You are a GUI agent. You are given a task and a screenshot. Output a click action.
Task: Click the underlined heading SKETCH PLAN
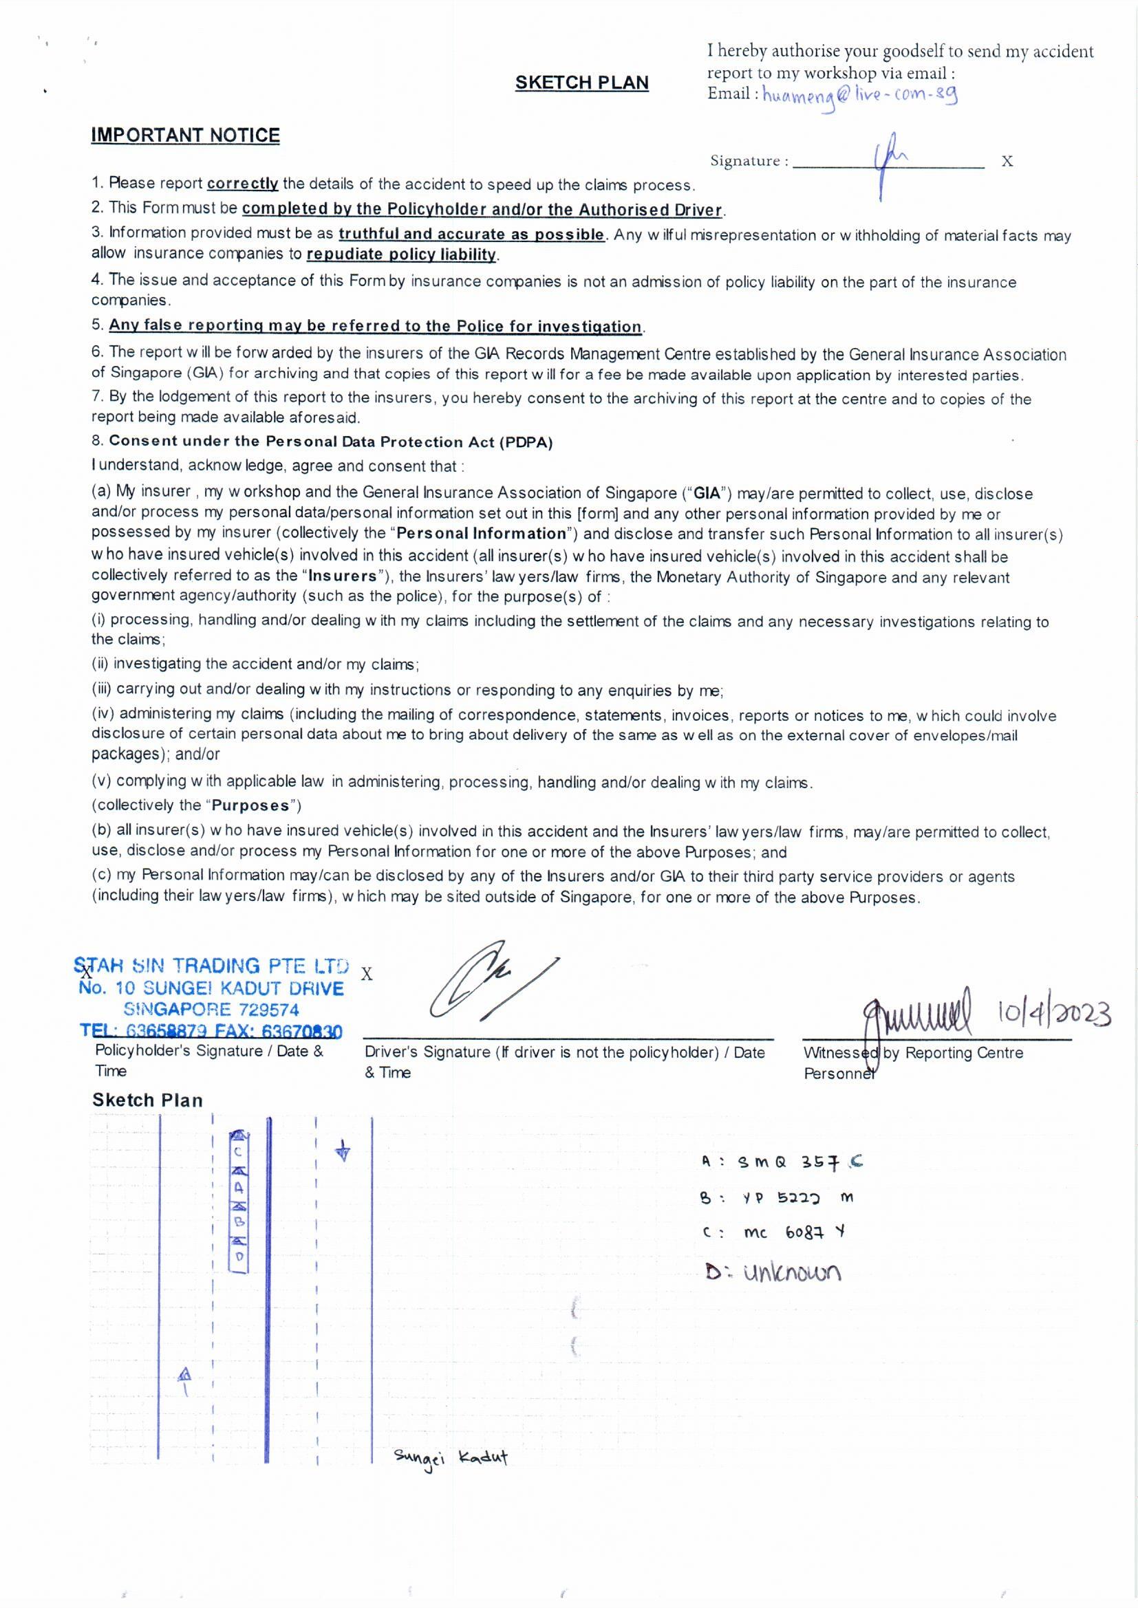point(581,83)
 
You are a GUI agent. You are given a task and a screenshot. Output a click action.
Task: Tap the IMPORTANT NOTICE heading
point(185,135)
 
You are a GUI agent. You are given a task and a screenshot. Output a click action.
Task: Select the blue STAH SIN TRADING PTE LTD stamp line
point(212,966)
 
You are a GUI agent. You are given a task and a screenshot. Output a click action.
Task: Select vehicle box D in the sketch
point(239,1256)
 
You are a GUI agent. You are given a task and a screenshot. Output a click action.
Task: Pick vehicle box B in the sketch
point(239,1221)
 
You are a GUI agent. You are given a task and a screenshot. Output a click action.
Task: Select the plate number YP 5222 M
point(796,1197)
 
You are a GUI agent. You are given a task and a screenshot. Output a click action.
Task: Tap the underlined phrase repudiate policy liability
point(402,254)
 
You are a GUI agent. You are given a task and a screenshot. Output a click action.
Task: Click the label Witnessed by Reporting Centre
point(913,1052)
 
